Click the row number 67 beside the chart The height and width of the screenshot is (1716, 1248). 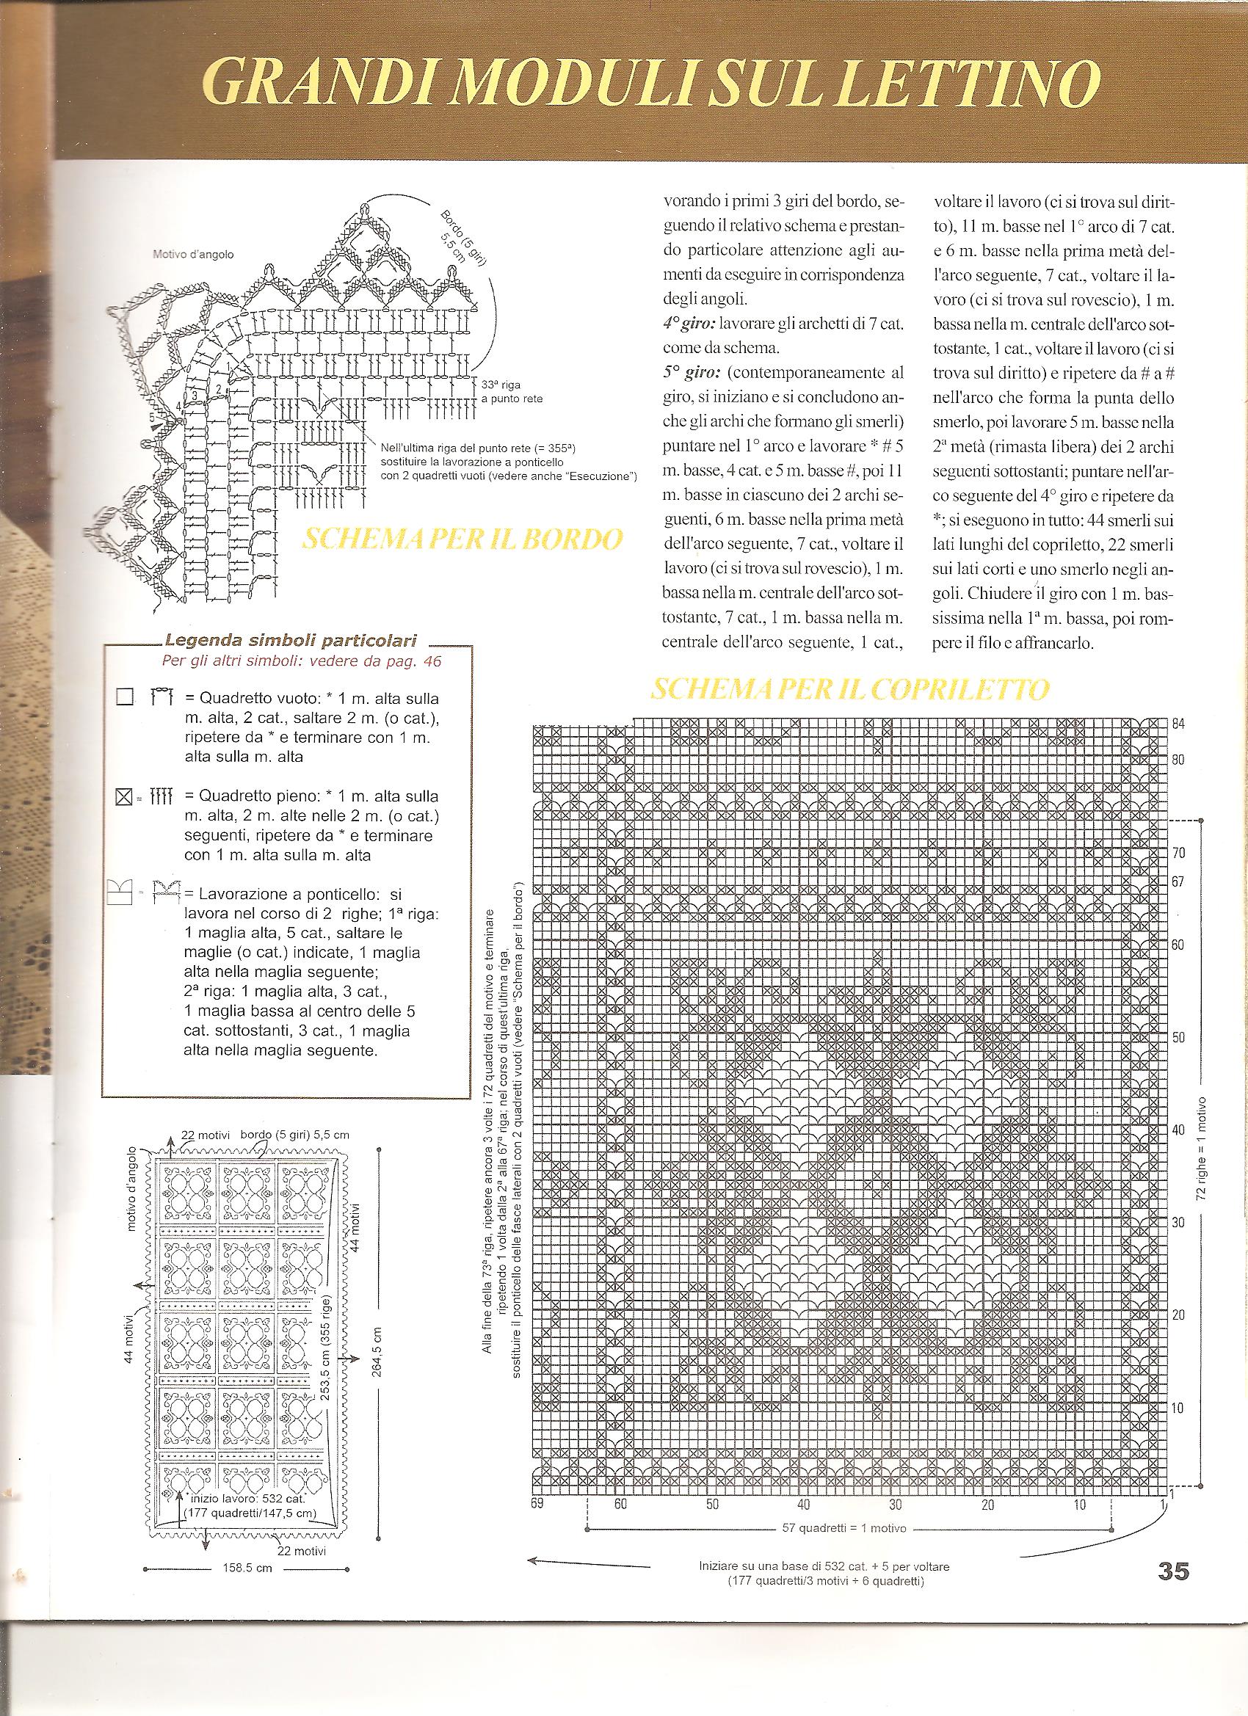coord(1179,882)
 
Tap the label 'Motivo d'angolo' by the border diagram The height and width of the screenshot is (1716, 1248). coord(193,254)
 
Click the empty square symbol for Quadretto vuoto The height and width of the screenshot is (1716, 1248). coord(124,697)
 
